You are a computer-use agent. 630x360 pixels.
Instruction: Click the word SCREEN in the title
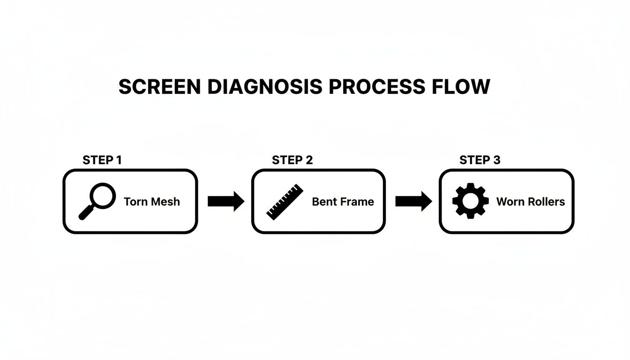click(160, 87)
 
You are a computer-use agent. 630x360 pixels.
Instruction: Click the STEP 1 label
click(102, 160)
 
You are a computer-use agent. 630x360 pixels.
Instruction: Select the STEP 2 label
click(292, 160)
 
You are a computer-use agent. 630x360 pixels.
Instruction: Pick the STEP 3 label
click(480, 160)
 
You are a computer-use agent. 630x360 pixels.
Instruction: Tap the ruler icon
click(285, 202)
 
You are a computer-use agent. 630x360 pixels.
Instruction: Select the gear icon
click(470, 201)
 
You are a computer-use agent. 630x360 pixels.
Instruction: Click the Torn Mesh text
click(151, 202)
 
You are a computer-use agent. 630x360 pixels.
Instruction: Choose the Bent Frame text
click(343, 202)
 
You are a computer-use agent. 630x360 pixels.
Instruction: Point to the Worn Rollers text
click(530, 202)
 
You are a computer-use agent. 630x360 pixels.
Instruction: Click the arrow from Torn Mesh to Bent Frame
click(225, 202)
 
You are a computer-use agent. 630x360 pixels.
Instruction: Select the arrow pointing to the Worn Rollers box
click(413, 202)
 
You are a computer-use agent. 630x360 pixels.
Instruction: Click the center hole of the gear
click(470, 201)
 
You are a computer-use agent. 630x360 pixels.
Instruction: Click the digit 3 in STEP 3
click(496, 160)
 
